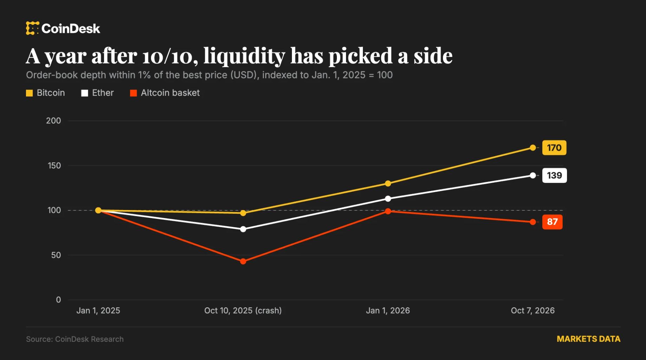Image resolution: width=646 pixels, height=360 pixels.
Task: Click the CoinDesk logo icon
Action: (x=32, y=28)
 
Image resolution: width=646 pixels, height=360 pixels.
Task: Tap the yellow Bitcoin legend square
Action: (x=30, y=93)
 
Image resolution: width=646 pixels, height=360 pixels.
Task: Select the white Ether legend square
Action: (x=85, y=93)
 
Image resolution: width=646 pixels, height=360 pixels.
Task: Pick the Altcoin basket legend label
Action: (x=170, y=93)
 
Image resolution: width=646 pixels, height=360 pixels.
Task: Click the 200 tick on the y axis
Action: (x=53, y=121)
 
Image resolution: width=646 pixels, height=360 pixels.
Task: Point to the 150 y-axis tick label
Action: (x=54, y=165)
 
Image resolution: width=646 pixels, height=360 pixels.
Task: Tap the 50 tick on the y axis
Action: (x=56, y=255)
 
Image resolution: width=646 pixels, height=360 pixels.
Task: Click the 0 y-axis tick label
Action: (x=58, y=300)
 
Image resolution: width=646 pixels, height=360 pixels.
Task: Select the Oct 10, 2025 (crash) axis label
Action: (x=243, y=310)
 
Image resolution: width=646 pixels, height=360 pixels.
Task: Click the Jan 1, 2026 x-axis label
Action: (x=388, y=310)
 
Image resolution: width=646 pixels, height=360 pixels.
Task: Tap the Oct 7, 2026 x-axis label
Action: (x=533, y=310)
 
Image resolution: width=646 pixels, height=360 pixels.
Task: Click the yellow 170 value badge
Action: (x=554, y=148)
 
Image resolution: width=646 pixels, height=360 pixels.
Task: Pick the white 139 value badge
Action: (x=555, y=175)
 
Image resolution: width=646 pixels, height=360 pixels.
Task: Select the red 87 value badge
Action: (x=552, y=222)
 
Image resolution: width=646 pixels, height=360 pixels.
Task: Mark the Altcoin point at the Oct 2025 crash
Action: (x=243, y=261)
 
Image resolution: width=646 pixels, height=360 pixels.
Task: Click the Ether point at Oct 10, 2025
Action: (x=243, y=229)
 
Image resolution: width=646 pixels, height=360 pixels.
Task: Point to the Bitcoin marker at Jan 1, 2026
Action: (x=388, y=183)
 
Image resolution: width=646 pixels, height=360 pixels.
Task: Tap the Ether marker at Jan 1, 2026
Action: (x=388, y=199)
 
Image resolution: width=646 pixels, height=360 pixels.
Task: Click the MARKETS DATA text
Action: (x=588, y=339)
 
